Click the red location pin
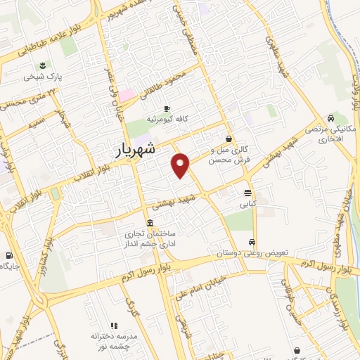click(181, 165)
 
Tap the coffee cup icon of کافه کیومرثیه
click(167, 108)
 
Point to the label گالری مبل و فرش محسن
click(231, 155)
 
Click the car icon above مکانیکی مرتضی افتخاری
click(330, 118)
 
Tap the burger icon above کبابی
click(248, 193)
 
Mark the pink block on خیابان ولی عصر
click(127, 94)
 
